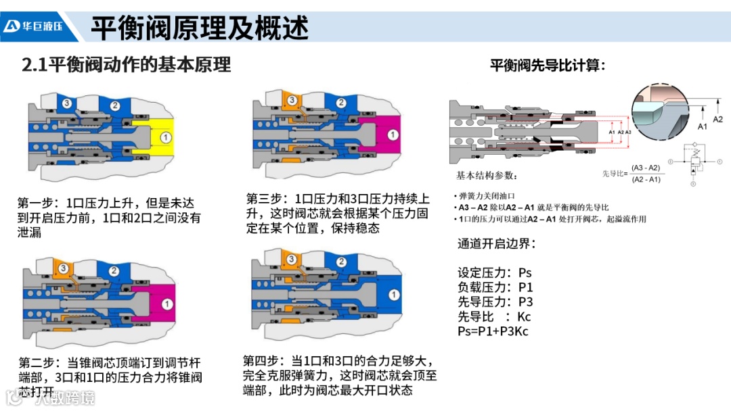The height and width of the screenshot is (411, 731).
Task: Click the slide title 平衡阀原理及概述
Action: click(x=200, y=27)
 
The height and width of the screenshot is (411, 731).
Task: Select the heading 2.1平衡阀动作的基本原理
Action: click(x=127, y=65)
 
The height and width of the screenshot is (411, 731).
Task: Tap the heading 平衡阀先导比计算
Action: click(x=547, y=66)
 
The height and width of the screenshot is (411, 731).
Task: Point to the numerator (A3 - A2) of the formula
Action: click(x=646, y=168)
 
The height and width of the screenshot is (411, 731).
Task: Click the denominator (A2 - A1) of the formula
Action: click(x=646, y=179)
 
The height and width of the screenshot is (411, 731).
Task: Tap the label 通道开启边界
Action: click(x=497, y=244)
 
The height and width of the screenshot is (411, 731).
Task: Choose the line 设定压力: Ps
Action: click(x=495, y=273)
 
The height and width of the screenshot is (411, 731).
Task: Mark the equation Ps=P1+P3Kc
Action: click(x=494, y=331)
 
